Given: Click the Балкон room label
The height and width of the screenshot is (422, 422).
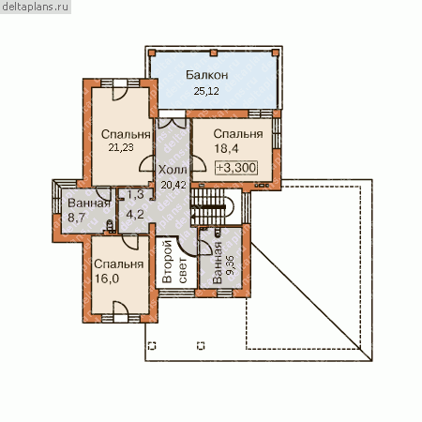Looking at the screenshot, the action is [206, 75].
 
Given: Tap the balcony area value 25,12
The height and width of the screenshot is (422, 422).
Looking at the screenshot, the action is [206, 91].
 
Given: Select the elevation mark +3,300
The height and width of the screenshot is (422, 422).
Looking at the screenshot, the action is [236, 168].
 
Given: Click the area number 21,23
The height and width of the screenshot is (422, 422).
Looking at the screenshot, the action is [121, 147].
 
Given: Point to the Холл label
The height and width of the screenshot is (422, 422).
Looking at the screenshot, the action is [173, 170].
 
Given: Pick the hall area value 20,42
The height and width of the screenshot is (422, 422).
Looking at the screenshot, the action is [173, 185].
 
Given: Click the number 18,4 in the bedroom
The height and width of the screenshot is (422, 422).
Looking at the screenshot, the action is [226, 149].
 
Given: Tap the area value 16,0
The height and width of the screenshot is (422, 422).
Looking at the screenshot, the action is [107, 279].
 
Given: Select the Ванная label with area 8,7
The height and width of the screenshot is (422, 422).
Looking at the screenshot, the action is [89, 203].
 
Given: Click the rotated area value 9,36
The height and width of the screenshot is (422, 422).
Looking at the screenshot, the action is [230, 265].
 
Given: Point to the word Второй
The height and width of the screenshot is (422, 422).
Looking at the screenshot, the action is [167, 262].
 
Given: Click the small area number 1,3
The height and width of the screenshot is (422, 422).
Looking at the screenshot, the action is [136, 194].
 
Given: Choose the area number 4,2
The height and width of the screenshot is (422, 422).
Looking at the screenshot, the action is [135, 215].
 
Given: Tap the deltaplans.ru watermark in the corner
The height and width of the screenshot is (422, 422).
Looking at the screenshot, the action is [36, 7].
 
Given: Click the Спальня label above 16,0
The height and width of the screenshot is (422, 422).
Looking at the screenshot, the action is [119, 264].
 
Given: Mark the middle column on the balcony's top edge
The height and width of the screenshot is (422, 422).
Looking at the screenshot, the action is [213, 53].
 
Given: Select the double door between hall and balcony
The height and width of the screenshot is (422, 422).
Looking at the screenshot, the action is [172, 123].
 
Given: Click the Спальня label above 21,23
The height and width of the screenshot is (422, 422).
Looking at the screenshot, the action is [126, 134].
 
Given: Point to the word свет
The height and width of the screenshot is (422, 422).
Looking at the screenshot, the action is [183, 270].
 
